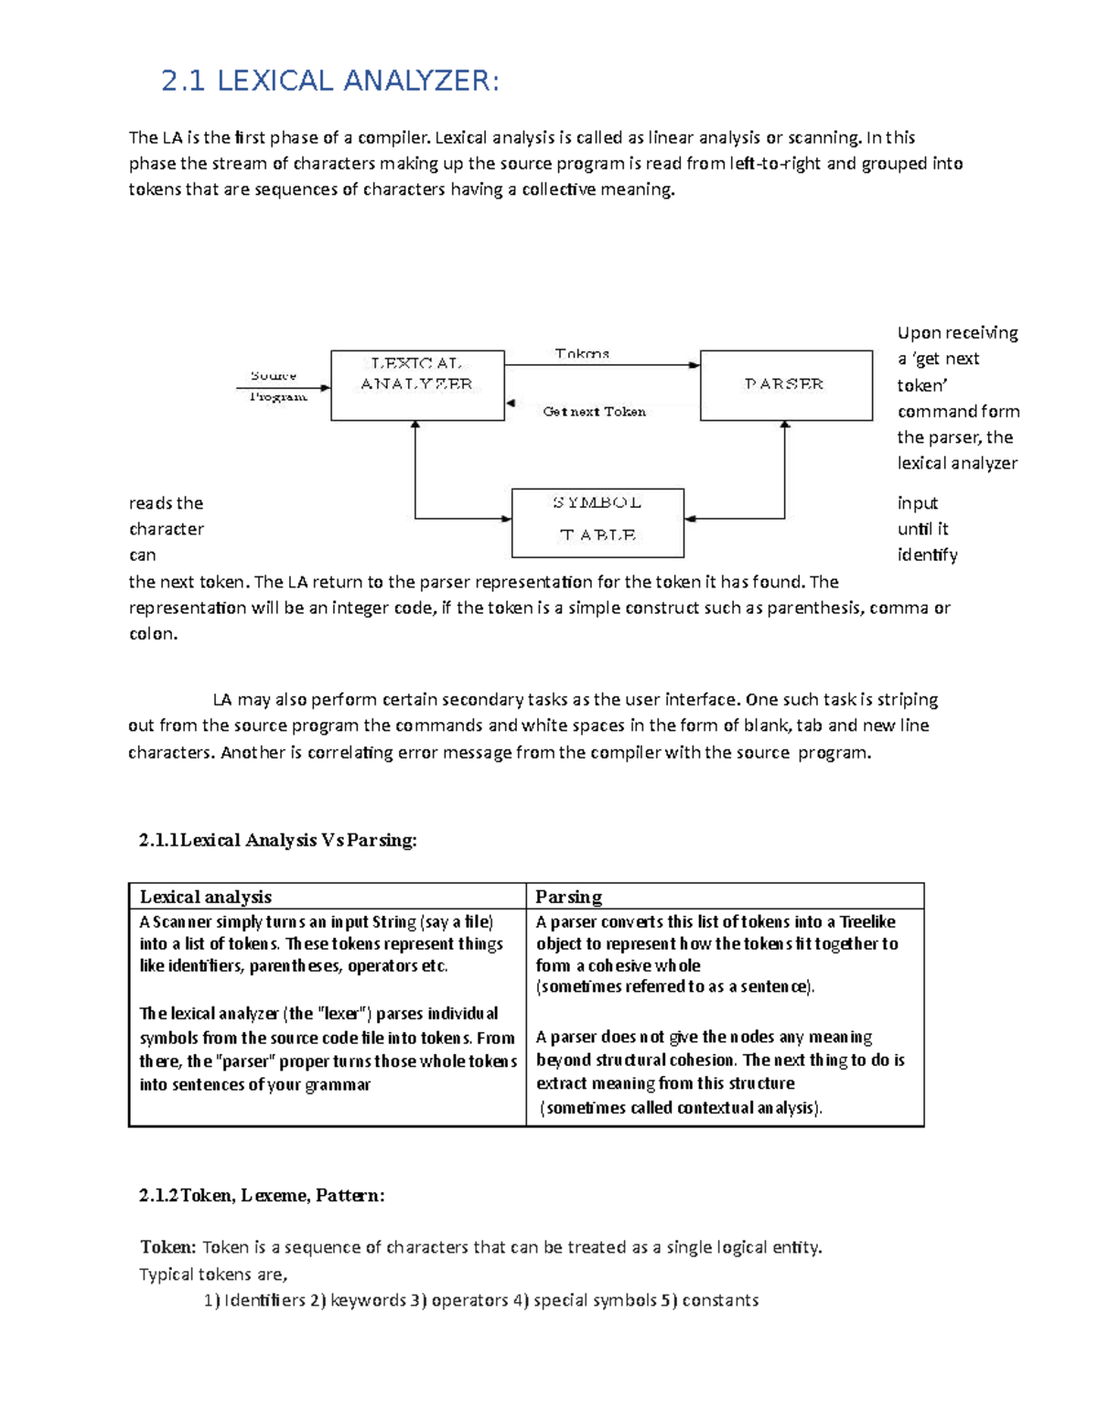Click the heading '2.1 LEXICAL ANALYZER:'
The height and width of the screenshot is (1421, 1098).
point(330,81)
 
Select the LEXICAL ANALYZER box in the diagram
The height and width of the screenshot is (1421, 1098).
point(417,385)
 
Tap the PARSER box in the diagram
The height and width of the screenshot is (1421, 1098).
point(786,385)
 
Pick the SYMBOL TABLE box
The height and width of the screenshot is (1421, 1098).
point(597,522)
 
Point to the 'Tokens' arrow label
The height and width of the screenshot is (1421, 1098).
point(582,353)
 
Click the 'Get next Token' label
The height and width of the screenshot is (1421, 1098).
point(594,412)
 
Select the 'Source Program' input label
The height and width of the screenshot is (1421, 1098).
point(276,386)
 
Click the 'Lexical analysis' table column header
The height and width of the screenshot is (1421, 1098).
point(206,897)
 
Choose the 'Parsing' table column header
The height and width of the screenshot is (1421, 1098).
point(568,897)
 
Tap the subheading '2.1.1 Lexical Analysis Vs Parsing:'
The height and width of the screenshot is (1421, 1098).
point(277,840)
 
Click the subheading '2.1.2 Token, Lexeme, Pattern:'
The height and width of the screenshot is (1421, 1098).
point(262,1195)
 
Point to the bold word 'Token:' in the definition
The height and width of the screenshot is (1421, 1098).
point(167,1247)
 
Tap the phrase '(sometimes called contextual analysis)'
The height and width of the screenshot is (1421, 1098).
point(681,1108)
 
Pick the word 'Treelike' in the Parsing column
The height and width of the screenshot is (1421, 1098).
point(867,921)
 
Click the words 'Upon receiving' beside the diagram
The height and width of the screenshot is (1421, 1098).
point(957,333)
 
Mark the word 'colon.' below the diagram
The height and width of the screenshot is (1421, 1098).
point(153,634)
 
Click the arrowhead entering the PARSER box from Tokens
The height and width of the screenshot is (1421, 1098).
point(695,365)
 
